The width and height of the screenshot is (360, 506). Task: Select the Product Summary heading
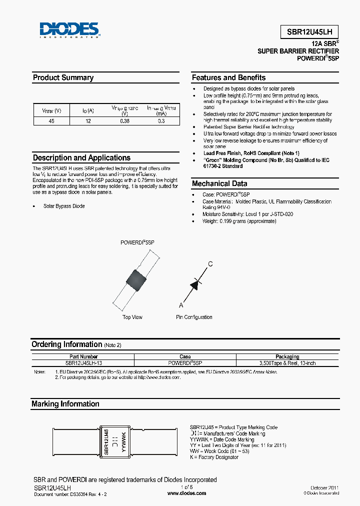click(x=63, y=77)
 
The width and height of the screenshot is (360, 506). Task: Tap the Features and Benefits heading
click(x=228, y=77)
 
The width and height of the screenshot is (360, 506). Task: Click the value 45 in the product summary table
click(x=51, y=121)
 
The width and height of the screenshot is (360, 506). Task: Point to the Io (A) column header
click(x=87, y=110)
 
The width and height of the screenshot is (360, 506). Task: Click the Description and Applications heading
click(x=81, y=157)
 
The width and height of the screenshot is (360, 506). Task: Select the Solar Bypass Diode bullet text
click(x=64, y=206)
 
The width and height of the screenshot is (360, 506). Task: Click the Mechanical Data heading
click(x=219, y=183)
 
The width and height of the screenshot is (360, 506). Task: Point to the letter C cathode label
click(x=210, y=264)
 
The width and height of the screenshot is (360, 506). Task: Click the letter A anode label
click(x=181, y=304)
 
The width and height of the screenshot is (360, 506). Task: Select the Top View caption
click(x=132, y=317)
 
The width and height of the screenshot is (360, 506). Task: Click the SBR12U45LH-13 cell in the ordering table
click(x=83, y=363)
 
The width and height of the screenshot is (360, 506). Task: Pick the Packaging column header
click(x=287, y=357)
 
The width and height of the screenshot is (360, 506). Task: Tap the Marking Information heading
click(x=65, y=404)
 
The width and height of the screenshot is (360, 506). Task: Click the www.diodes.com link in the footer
click(x=186, y=493)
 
